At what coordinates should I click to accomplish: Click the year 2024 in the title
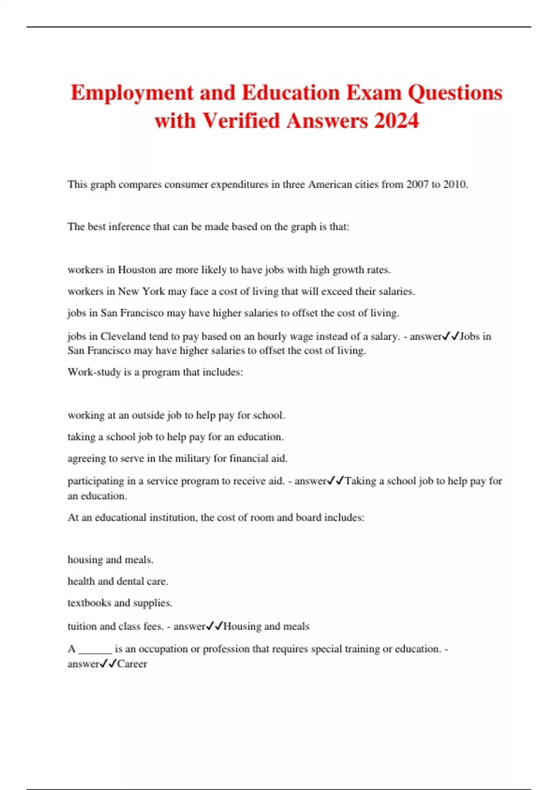pos(396,121)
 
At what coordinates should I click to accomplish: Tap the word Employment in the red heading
pos(132,93)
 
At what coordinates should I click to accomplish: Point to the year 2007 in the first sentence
pos(417,184)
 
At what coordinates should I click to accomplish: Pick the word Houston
pos(137,270)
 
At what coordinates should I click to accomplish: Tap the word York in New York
pos(153,291)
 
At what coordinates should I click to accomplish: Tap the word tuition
pos(82,626)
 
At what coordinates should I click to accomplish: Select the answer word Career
pos(132,664)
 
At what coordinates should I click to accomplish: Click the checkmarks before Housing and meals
pos(214,626)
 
